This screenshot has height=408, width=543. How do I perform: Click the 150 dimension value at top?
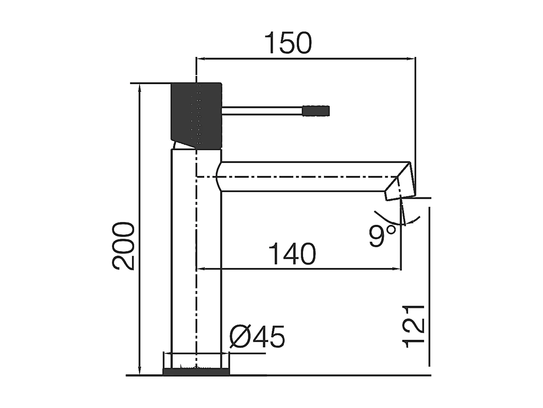click(x=288, y=44)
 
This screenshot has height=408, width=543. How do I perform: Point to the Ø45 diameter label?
click(x=257, y=337)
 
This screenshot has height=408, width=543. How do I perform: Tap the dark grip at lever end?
click(x=316, y=111)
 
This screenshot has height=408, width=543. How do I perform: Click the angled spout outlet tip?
click(x=400, y=189)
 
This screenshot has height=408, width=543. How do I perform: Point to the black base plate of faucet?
click(x=196, y=371)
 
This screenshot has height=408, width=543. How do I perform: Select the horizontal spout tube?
click(x=308, y=177)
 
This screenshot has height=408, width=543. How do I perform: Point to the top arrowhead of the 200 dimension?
click(x=139, y=87)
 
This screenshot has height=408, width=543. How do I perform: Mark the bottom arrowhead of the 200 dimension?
click(x=139, y=371)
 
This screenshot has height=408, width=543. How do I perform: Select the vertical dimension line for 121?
click(x=429, y=287)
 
